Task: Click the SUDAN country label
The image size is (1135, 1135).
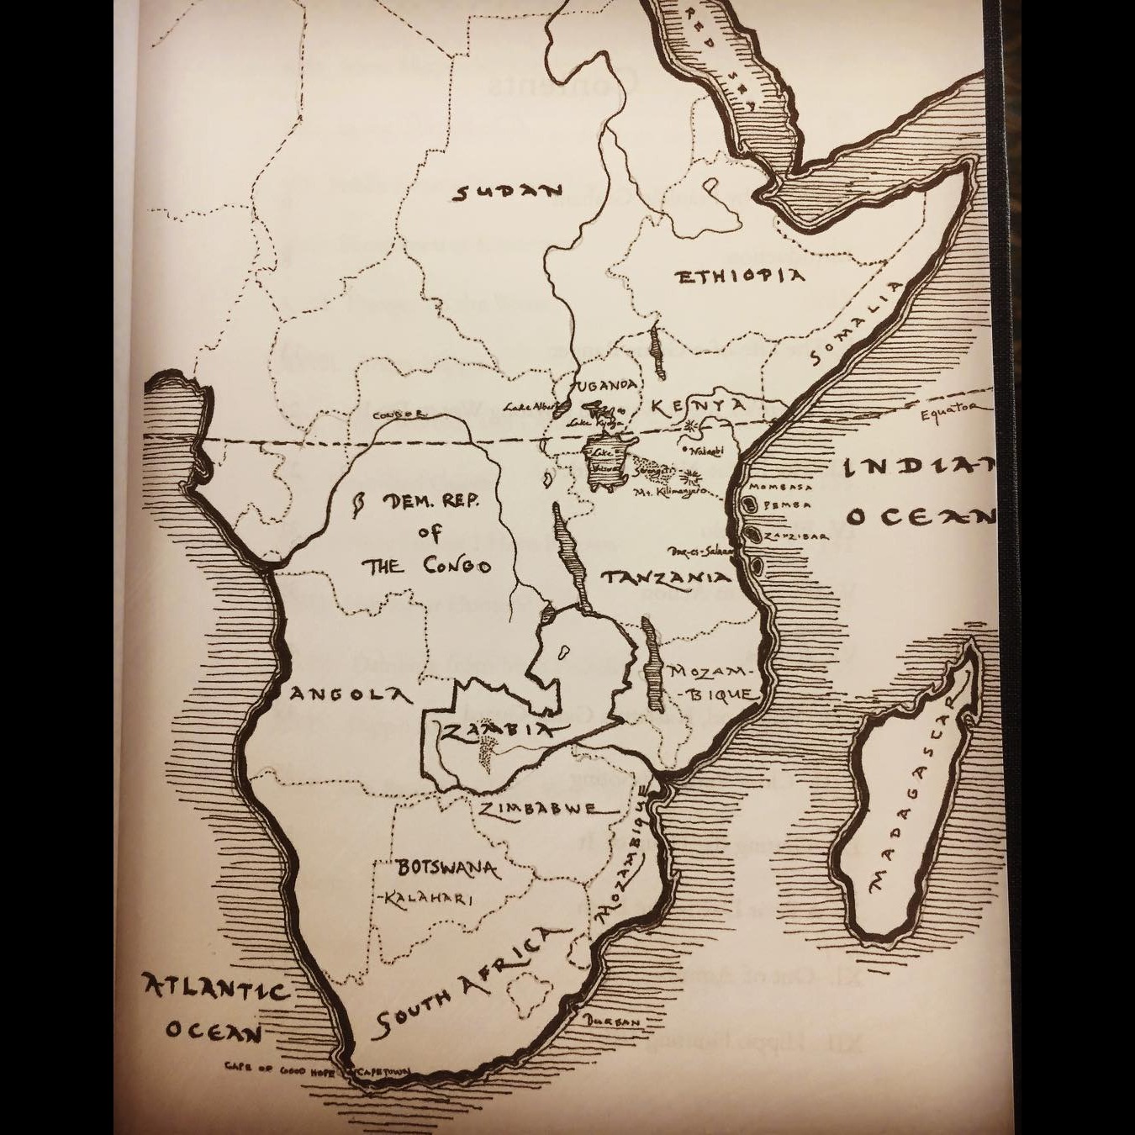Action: coord(508,193)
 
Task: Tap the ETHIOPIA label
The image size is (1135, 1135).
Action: coord(741,277)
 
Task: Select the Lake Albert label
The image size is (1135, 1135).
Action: coord(527,407)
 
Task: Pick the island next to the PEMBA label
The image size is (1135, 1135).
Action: coord(748,506)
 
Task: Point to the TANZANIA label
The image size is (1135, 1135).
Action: coord(665,578)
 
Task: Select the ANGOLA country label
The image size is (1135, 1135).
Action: coord(349,695)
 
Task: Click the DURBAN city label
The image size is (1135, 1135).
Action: coord(611,1021)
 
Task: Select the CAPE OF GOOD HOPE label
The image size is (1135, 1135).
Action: coord(278,1069)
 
